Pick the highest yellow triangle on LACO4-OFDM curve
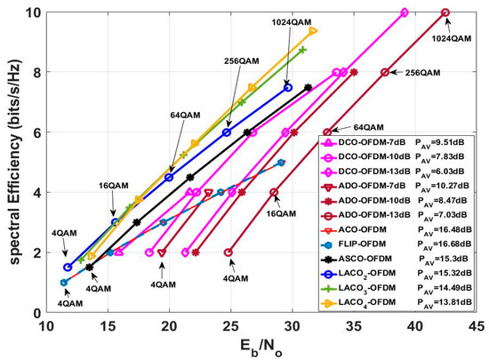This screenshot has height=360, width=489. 313,30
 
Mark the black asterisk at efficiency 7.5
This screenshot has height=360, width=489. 308,87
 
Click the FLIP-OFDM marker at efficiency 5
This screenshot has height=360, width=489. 281,163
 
